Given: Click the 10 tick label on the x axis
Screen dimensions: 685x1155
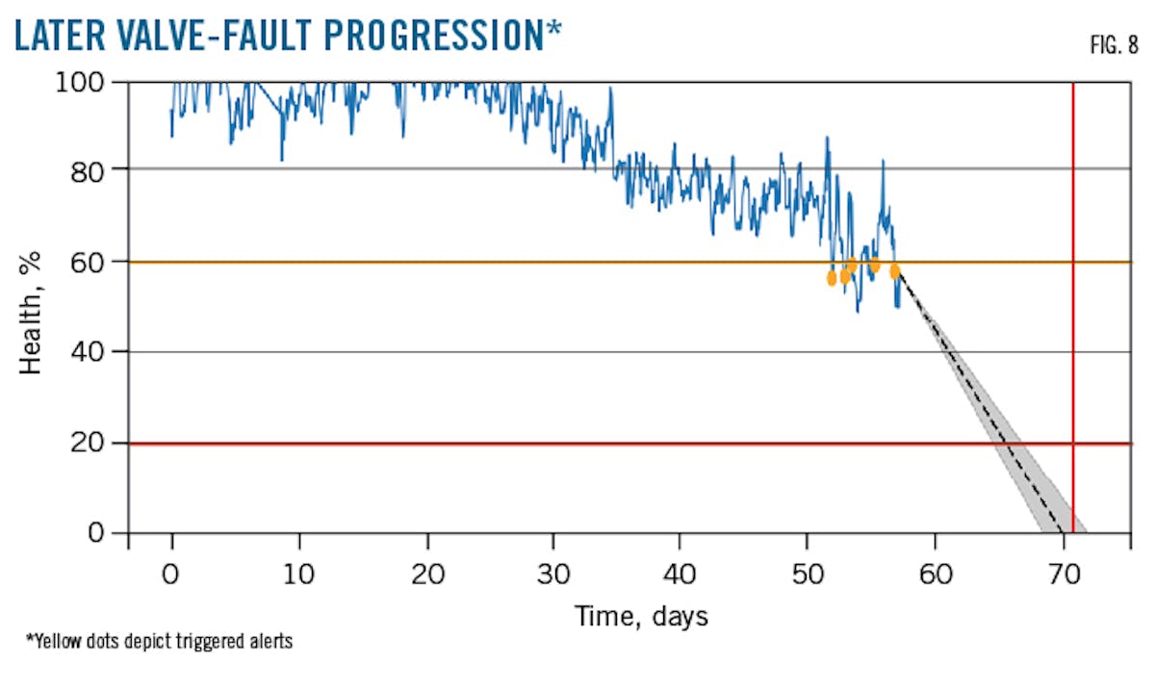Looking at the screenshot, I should (298, 575).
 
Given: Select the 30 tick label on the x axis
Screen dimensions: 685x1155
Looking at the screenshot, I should (552, 575).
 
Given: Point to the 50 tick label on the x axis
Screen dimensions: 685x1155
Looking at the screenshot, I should (807, 575).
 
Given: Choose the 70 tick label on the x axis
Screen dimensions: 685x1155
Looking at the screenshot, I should (1062, 575).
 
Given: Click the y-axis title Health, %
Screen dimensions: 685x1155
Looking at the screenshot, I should (32, 308).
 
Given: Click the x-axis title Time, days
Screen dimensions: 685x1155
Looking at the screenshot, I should (641, 616).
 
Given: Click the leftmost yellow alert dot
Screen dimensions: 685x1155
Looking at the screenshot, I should (832, 278).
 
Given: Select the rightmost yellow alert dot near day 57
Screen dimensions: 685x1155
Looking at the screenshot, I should (895, 271).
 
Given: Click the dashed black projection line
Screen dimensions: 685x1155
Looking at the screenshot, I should (982, 404).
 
